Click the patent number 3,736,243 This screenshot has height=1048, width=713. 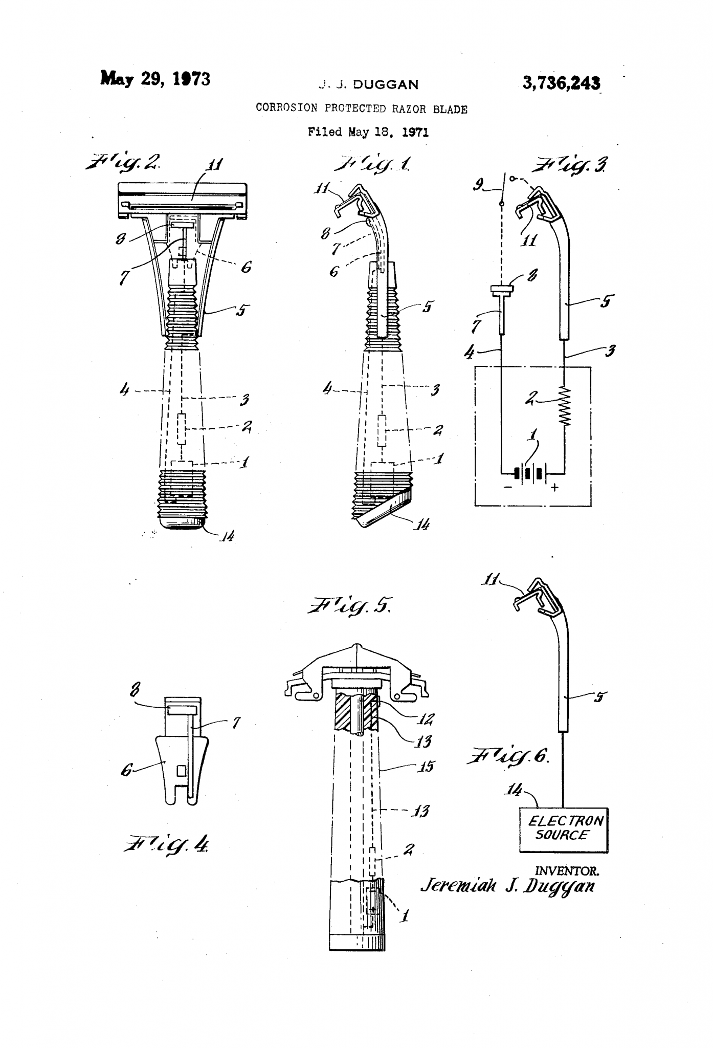[x=561, y=83]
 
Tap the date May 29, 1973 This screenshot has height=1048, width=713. [x=155, y=79]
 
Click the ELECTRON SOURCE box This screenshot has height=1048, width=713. [x=564, y=829]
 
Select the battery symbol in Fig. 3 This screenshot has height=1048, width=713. [x=532, y=473]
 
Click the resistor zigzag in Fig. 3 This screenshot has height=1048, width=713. [x=565, y=406]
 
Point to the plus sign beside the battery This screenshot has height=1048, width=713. [x=554, y=488]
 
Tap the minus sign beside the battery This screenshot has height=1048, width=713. [x=507, y=488]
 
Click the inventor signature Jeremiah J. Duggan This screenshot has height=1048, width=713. [x=507, y=886]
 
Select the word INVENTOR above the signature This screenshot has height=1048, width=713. [x=566, y=870]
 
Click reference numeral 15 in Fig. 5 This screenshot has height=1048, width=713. [x=426, y=767]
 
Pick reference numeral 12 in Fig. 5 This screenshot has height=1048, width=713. [x=424, y=720]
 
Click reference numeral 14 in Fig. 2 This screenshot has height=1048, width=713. [x=227, y=536]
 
